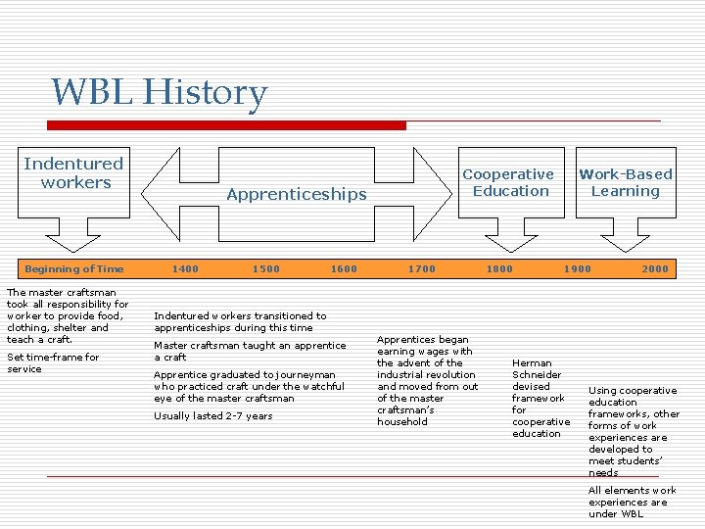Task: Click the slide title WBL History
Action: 159,93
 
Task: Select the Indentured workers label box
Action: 73,173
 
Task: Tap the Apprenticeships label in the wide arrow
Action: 296,194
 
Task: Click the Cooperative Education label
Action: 508,182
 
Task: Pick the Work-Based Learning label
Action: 625,182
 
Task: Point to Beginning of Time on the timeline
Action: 74,269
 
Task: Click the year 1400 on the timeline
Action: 185,269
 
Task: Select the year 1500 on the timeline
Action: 265,269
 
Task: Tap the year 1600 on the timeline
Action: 344,269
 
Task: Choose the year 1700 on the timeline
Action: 422,269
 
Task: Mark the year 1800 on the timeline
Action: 499,269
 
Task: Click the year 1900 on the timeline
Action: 578,269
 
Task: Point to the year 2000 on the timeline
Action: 655,269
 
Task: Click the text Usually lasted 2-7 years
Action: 212,416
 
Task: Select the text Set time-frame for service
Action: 53,362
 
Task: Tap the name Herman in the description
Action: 532,362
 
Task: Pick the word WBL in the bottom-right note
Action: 634,513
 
